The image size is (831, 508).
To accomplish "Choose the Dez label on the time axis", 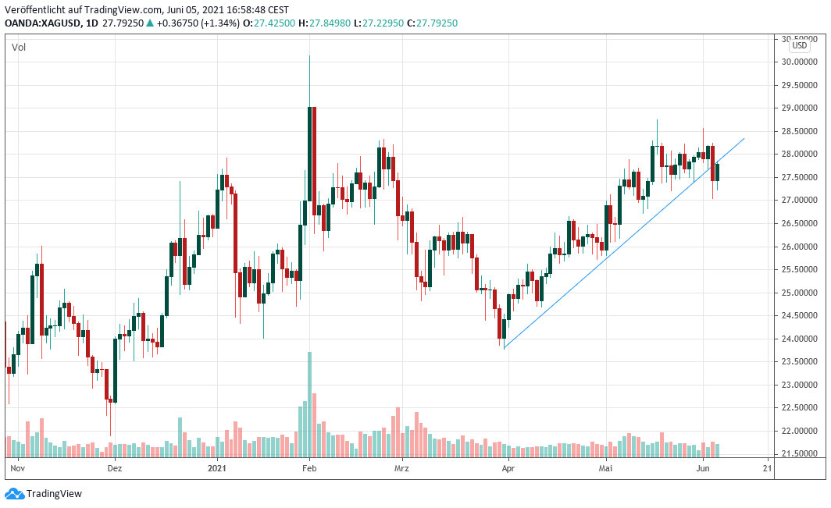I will click(115, 468).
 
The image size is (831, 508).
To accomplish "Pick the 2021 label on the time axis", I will click(217, 468).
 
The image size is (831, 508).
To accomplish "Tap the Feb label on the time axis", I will click(309, 468).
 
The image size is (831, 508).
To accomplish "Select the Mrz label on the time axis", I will click(401, 468).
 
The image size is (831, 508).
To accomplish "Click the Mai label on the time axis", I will click(605, 468).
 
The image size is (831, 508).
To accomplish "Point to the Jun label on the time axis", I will click(702, 468).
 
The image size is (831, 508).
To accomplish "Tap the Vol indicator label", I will click(18, 48).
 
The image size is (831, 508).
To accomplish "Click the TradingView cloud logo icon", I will click(14, 493).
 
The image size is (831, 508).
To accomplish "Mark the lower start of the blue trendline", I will click(505, 348).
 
